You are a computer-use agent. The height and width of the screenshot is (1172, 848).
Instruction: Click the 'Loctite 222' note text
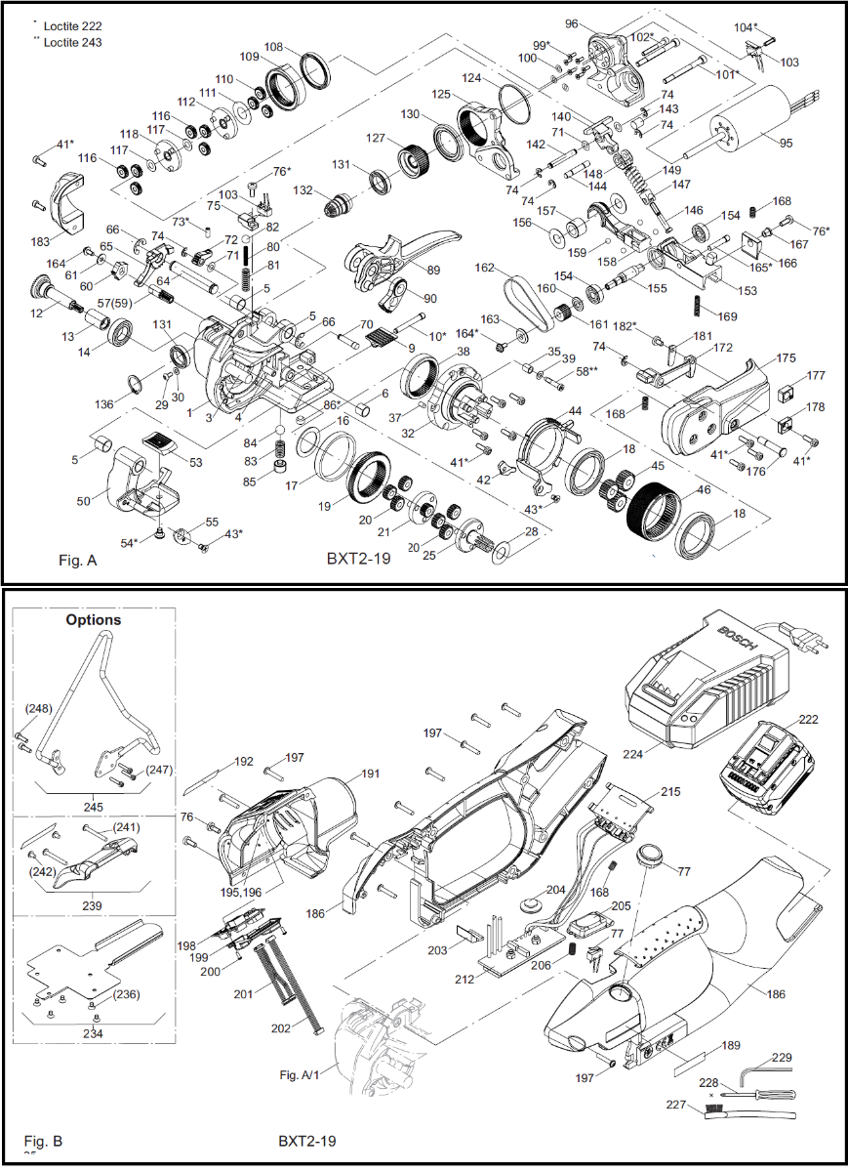(x=69, y=26)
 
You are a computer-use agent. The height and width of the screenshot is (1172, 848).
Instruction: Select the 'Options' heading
(x=94, y=619)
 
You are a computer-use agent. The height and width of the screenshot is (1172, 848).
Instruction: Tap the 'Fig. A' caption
(x=77, y=562)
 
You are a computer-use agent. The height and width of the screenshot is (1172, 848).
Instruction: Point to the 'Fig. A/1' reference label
(x=299, y=1075)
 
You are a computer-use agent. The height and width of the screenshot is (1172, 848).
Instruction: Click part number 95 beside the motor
(x=787, y=142)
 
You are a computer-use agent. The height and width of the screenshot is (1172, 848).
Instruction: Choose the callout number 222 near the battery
(x=809, y=720)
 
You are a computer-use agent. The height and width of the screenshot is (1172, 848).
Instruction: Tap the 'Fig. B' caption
(x=43, y=1141)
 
